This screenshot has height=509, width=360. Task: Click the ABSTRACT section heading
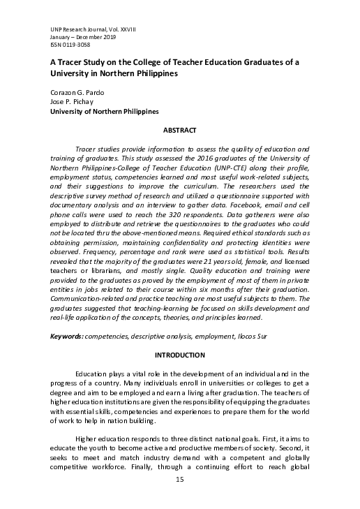(179, 131)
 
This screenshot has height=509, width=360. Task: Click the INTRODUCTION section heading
(179, 355)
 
